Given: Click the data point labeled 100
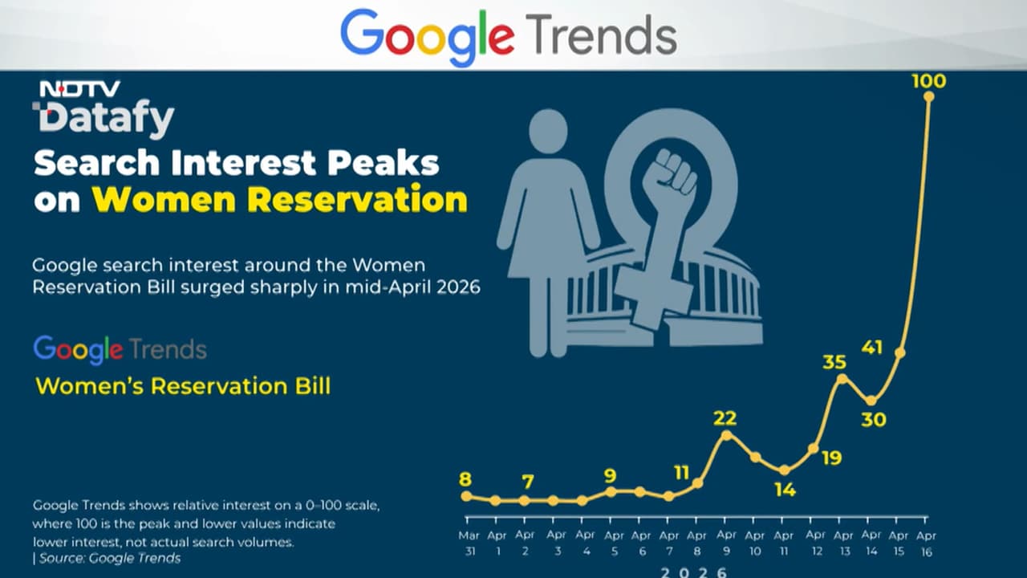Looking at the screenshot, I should pos(929,96).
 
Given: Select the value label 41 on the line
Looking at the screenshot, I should pos(872,348).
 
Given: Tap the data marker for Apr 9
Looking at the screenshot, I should pos(727,435).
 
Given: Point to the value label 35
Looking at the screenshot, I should pos(834,362).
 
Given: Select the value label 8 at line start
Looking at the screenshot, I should pos(465,480).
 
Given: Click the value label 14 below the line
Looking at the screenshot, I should pos(785,489).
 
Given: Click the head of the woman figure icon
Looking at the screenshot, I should pos(549,131).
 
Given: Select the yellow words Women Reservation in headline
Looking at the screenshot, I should pos(279,200).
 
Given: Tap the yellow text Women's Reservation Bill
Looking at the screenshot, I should pos(183,386).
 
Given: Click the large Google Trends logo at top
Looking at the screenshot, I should pos(509,36).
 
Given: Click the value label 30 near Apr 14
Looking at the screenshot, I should pos(873,419).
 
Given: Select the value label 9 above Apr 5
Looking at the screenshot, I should pos(611,476).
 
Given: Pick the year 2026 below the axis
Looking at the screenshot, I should pos(695,572).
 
